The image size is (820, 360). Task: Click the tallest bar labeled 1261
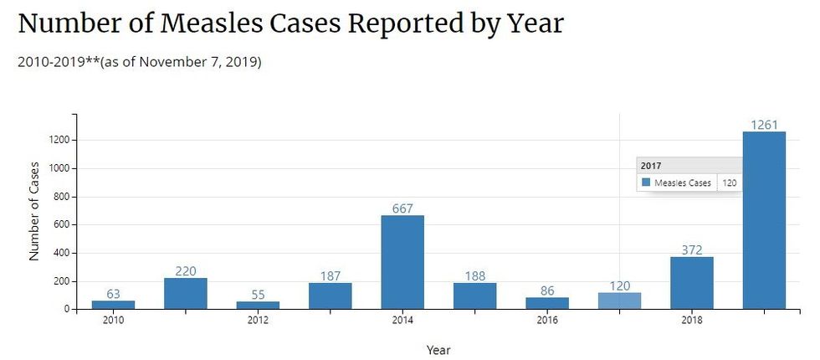click(764, 220)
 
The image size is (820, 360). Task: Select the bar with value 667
click(402, 262)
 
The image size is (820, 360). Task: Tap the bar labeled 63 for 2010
click(113, 305)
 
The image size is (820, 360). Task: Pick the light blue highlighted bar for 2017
click(619, 301)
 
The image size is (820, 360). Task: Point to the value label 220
click(186, 271)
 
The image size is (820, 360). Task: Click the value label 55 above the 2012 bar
click(258, 295)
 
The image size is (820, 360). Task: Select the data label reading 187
click(331, 276)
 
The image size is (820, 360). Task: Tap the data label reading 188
click(474, 276)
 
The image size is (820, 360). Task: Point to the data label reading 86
click(547, 291)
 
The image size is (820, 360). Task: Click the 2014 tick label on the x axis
click(402, 321)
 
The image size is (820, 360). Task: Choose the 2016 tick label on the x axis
click(547, 321)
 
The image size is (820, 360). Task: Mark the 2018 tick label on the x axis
click(692, 321)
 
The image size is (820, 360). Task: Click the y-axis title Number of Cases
click(35, 209)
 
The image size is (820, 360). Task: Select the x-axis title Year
click(438, 350)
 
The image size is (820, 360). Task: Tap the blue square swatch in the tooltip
click(646, 183)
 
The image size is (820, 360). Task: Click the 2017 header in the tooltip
click(651, 166)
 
